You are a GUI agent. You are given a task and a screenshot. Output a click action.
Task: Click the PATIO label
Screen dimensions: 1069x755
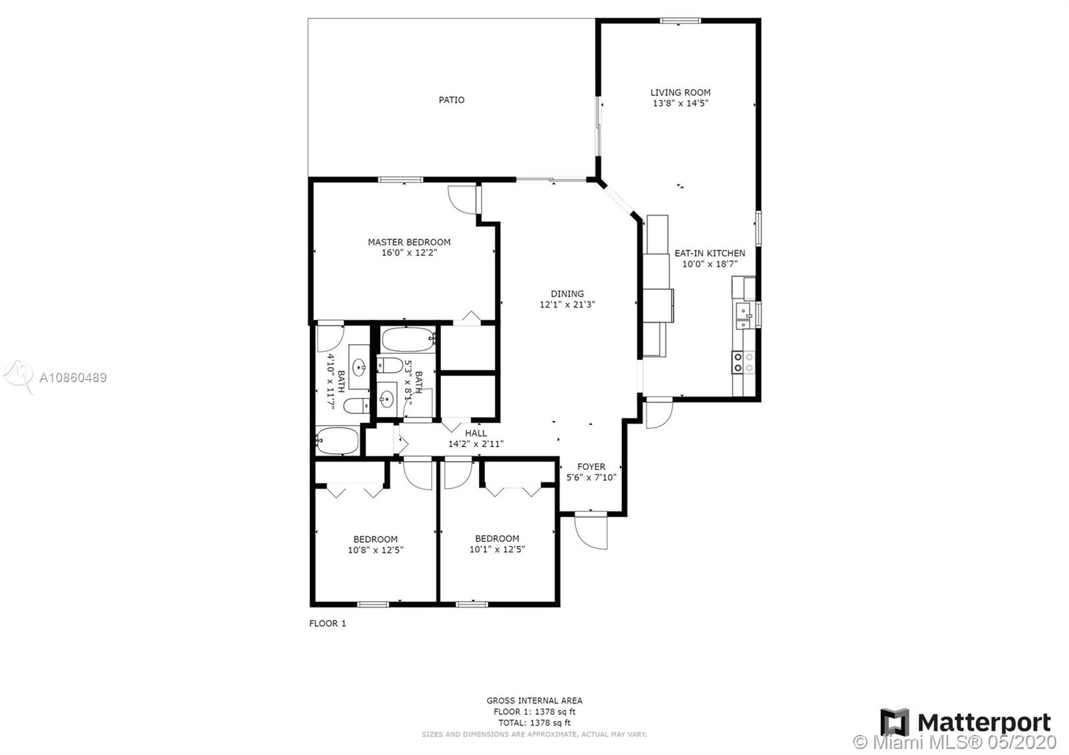[x=452, y=100]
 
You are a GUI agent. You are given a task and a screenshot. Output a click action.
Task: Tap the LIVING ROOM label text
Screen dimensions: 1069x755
[x=681, y=93]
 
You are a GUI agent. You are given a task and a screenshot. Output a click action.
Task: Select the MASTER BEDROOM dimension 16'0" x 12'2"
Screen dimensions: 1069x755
[x=409, y=253]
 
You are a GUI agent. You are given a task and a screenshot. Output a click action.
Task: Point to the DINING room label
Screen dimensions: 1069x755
[x=567, y=293]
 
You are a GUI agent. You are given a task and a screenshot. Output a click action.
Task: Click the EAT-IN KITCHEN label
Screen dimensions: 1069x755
[x=710, y=253]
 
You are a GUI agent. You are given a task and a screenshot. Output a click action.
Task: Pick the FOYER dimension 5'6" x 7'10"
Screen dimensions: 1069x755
[x=591, y=477]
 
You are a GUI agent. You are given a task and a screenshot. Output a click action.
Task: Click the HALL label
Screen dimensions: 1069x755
[x=476, y=433]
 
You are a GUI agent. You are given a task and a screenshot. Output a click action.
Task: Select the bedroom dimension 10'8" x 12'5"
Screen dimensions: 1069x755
[x=375, y=550]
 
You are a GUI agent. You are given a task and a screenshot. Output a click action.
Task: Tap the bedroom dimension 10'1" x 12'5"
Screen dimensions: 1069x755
[x=497, y=549]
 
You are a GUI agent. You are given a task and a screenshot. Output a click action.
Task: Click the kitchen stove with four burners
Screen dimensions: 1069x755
[x=744, y=362]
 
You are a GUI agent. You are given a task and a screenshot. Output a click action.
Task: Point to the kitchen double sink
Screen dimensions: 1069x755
[x=744, y=315]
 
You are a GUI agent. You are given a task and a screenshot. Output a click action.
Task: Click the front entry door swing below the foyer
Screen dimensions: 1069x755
[x=591, y=531]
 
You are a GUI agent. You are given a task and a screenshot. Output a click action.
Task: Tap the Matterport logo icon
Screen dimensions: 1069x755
[x=895, y=722]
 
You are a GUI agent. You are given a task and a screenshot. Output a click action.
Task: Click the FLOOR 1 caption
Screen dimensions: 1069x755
[x=327, y=623]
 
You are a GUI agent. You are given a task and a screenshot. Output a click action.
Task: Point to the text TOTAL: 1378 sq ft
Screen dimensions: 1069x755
[x=534, y=723]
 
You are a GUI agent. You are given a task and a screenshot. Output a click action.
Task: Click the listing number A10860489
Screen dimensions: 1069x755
[x=73, y=377]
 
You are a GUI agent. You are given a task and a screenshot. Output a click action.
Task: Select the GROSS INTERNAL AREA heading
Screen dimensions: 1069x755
[x=534, y=701]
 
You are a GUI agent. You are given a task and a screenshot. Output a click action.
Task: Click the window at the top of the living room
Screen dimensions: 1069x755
[x=681, y=21]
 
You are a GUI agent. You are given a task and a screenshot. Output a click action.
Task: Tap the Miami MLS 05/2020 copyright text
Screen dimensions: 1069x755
[x=955, y=742]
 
